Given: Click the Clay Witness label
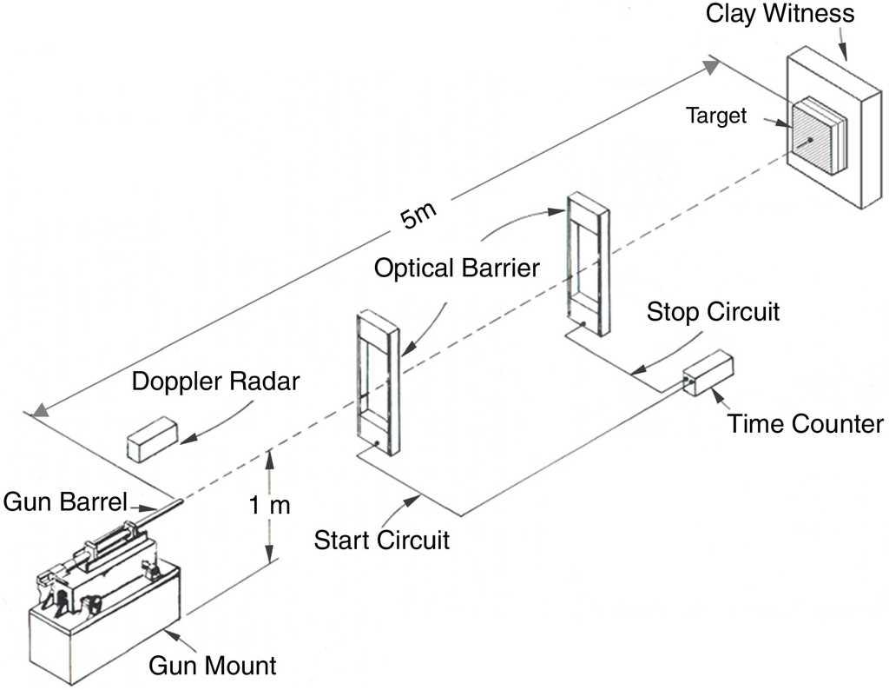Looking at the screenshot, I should [x=780, y=14].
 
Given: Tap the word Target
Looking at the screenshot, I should [x=716, y=115].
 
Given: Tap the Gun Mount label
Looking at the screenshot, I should [x=212, y=667].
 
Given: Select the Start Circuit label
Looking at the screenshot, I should [x=382, y=540].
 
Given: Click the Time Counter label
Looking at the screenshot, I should [x=805, y=424].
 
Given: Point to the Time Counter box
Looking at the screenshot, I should [x=708, y=375].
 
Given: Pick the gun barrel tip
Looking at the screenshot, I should [x=181, y=501].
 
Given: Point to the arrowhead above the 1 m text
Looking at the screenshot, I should [x=271, y=455].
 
